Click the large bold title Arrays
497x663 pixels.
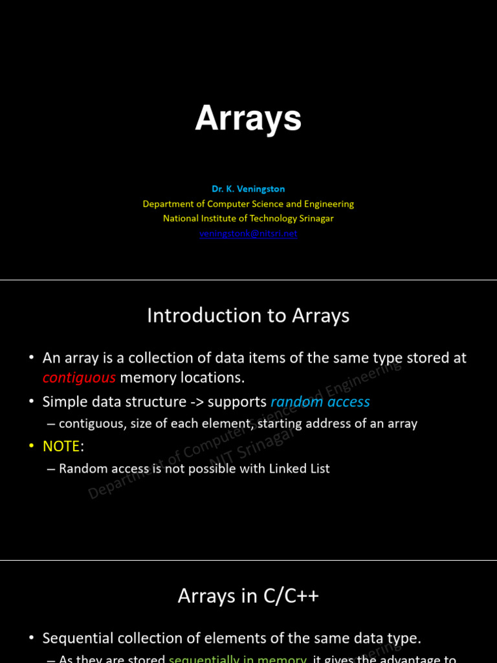click(x=248, y=119)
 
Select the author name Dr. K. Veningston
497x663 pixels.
click(x=248, y=189)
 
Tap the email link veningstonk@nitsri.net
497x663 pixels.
click(x=248, y=234)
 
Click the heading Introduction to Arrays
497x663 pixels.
click(x=248, y=315)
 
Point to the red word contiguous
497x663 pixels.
click(x=79, y=377)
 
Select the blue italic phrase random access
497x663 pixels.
click(x=320, y=402)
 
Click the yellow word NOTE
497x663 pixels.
click(x=61, y=446)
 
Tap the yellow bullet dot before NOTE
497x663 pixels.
click(x=32, y=446)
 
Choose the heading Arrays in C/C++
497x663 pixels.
click(x=248, y=596)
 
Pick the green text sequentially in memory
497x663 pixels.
click(x=237, y=658)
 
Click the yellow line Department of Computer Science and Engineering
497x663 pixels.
click(x=248, y=204)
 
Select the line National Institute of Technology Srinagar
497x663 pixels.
click(x=248, y=219)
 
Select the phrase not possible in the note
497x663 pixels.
click(x=192, y=468)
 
